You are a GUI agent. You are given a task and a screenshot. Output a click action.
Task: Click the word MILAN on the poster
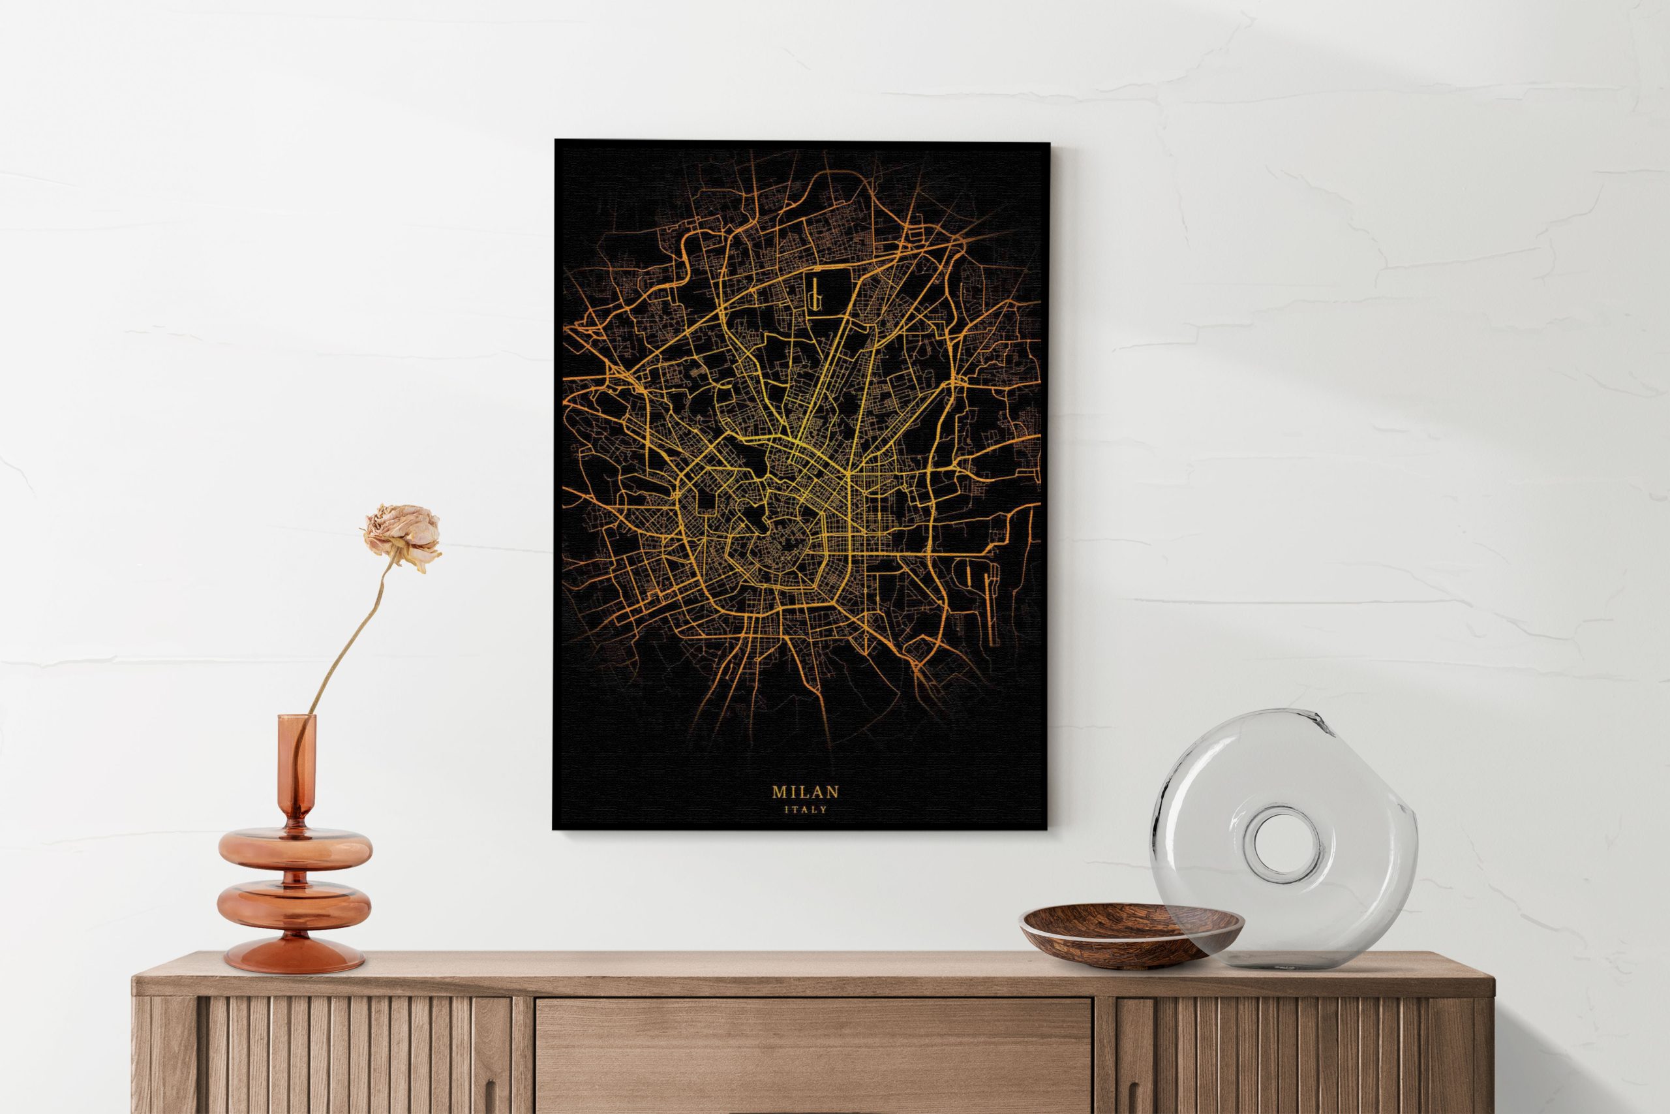[805, 792]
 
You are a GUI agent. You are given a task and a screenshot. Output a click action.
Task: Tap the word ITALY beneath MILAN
[805, 809]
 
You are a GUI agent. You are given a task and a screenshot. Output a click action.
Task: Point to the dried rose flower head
[402, 535]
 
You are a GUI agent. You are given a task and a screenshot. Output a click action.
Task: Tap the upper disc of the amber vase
[295, 848]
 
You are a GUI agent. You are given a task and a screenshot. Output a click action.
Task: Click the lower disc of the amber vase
[294, 908]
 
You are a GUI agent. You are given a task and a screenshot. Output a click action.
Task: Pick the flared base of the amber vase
[294, 955]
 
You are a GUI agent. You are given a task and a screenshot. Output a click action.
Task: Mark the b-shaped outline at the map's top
[816, 294]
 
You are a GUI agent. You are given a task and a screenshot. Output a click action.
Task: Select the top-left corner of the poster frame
[556, 142]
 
